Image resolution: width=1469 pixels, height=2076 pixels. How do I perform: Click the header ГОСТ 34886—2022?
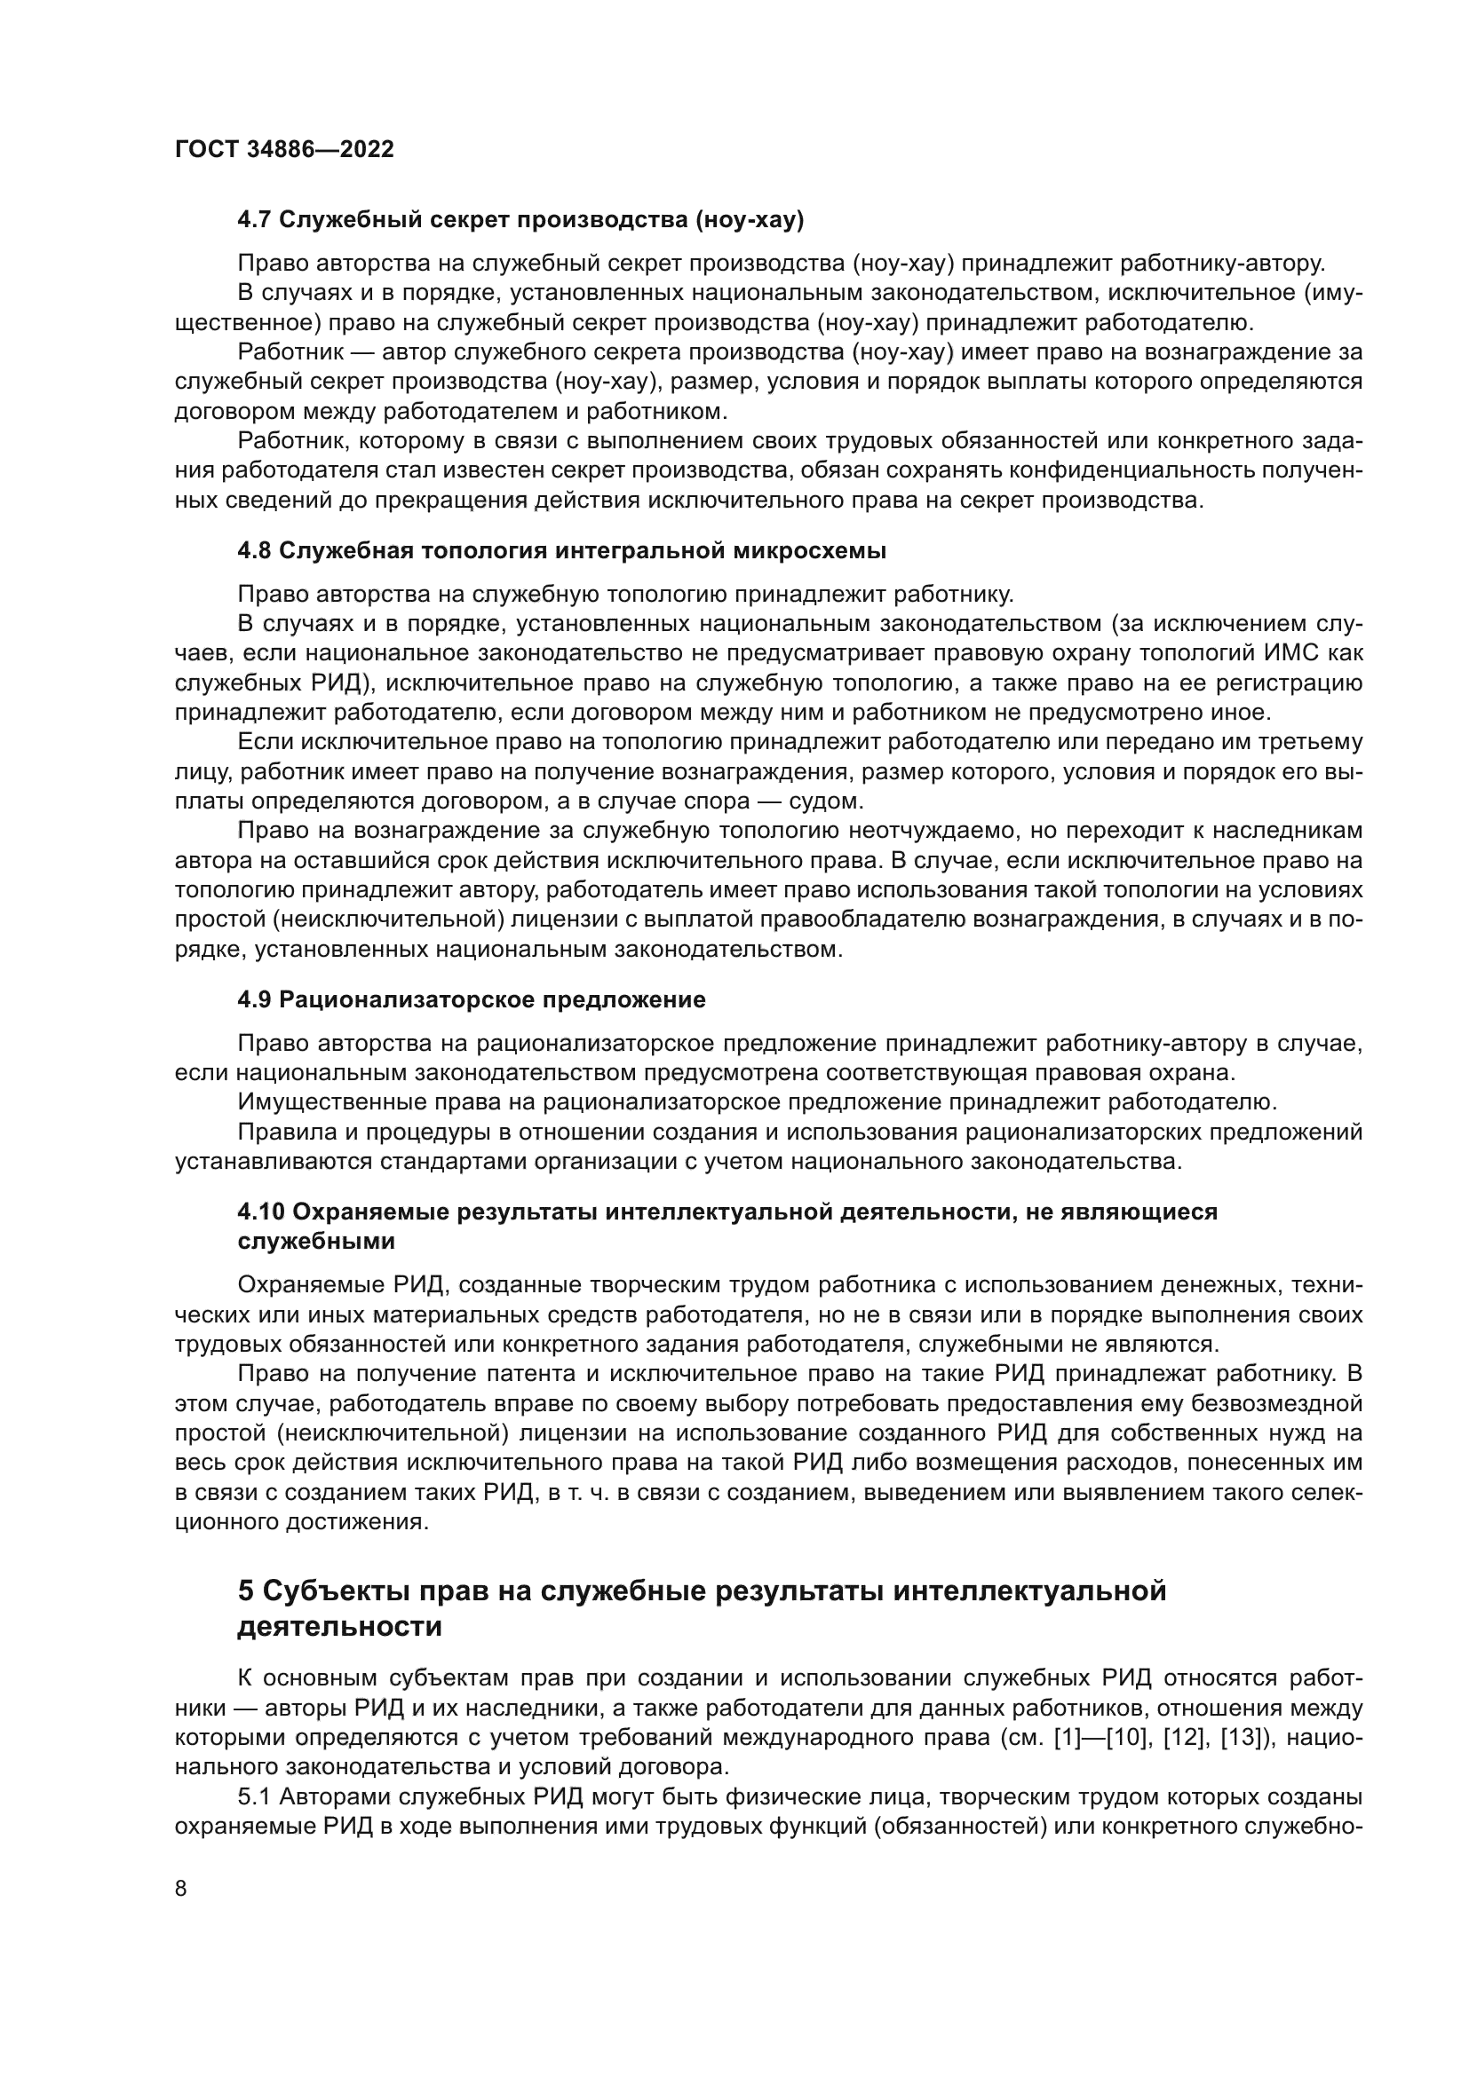pos(284,150)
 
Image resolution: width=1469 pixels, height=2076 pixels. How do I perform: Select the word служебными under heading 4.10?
pos(315,1242)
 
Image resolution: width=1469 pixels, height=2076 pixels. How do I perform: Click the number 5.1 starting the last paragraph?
pos(254,1796)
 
